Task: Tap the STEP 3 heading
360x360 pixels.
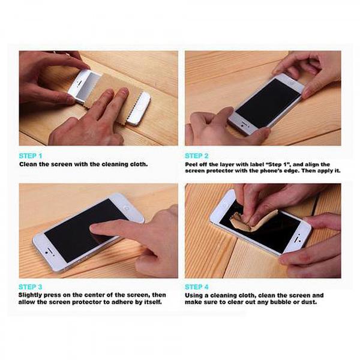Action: tap(31, 287)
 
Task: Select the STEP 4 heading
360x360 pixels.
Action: tap(198, 287)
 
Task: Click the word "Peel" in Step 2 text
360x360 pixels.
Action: tap(193, 164)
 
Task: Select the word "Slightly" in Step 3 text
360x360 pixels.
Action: tap(31, 295)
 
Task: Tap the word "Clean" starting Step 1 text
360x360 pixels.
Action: tap(29, 164)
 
